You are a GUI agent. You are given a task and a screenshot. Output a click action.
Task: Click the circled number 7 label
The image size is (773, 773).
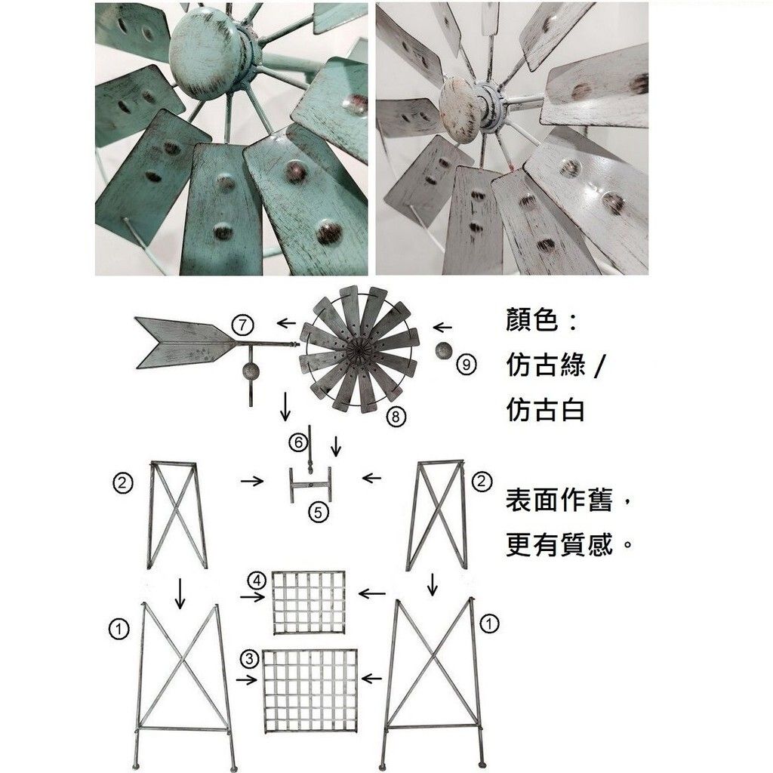click(242, 325)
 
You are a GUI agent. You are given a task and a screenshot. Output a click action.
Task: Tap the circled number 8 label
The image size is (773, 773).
click(396, 417)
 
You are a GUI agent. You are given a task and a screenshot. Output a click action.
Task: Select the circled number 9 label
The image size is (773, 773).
click(466, 365)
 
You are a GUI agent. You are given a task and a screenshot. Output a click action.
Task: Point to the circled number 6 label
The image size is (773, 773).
click(298, 442)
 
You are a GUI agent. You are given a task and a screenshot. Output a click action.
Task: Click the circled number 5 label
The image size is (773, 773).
click(318, 513)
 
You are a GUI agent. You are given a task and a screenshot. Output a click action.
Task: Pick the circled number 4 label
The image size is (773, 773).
click(257, 581)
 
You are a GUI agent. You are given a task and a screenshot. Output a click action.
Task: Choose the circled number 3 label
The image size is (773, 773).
click(249, 659)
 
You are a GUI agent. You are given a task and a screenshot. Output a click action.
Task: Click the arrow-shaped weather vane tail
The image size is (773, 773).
click(186, 343)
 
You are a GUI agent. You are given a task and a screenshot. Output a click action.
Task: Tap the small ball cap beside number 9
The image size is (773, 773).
click(443, 352)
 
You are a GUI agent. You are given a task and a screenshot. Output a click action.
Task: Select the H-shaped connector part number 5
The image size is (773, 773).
click(310, 485)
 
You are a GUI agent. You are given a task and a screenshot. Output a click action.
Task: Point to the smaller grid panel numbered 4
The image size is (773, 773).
click(309, 603)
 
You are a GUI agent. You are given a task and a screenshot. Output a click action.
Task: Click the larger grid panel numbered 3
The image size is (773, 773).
click(310, 691)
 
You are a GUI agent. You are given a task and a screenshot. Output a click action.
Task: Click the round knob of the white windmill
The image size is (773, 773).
click(463, 108)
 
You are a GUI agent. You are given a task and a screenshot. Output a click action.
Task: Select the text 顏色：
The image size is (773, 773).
click(541, 320)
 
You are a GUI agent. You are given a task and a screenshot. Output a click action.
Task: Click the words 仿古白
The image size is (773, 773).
click(545, 410)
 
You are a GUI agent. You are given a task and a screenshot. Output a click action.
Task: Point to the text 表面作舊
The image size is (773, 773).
click(559, 500)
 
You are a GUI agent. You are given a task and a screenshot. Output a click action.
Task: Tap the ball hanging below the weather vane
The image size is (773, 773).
click(250, 371)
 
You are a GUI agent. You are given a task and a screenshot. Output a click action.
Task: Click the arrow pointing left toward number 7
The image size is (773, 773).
click(286, 323)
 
